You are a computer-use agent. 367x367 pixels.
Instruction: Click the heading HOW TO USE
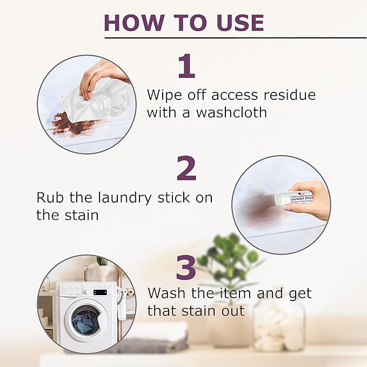click(x=184, y=23)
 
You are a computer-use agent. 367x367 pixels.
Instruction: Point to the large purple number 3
click(x=186, y=268)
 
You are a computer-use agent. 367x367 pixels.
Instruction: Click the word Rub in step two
click(x=49, y=197)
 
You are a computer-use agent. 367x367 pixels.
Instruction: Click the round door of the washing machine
click(x=88, y=320)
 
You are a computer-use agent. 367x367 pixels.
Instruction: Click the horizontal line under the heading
click(x=235, y=38)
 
